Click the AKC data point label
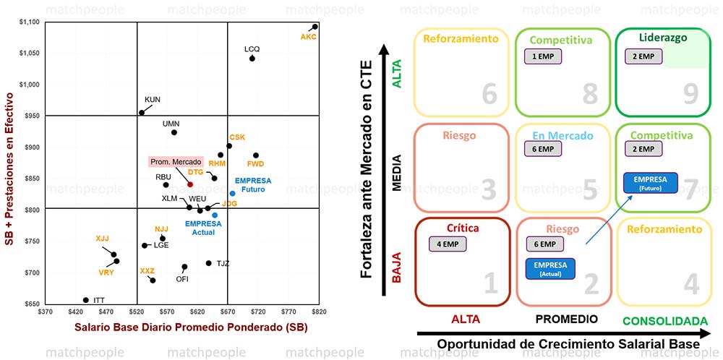click(x=309, y=36)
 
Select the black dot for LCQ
click(x=252, y=58)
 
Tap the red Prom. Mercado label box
click(x=175, y=162)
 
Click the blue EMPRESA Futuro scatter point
click(x=233, y=193)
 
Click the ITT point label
click(x=99, y=299)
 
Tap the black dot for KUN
click(x=142, y=112)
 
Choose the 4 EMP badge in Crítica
click(x=448, y=244)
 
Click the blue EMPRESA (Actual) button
click(x=551, y=268)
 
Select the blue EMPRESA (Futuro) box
click(x=650, y=182)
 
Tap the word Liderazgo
click(x=662, y=38)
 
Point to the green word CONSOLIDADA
click(x=664, y=320)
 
